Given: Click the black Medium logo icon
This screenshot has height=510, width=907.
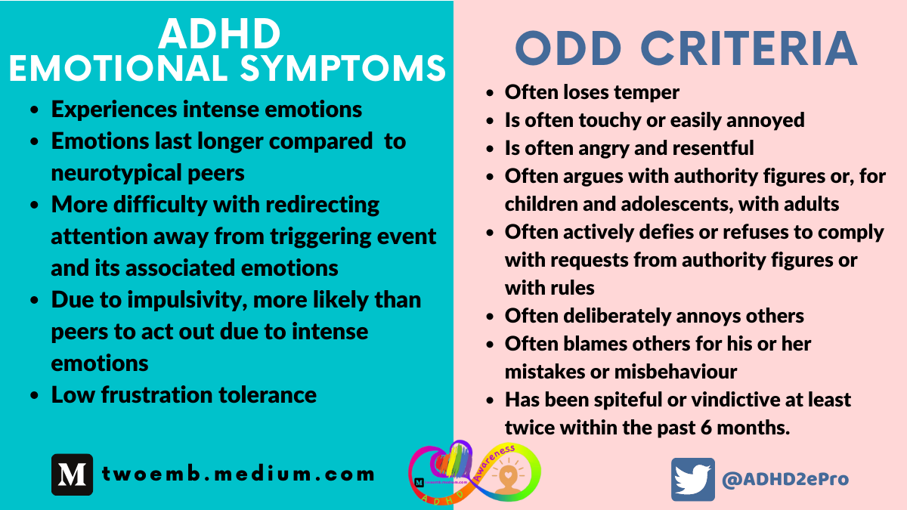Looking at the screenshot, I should [72, 474].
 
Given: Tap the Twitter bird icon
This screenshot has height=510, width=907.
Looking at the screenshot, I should [692, 479].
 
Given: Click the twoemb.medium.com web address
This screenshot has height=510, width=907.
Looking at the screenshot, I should [238, 474].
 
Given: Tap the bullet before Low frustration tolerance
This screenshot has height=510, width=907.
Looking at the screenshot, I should [35, 395].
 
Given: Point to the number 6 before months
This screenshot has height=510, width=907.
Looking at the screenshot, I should [713, 428].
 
